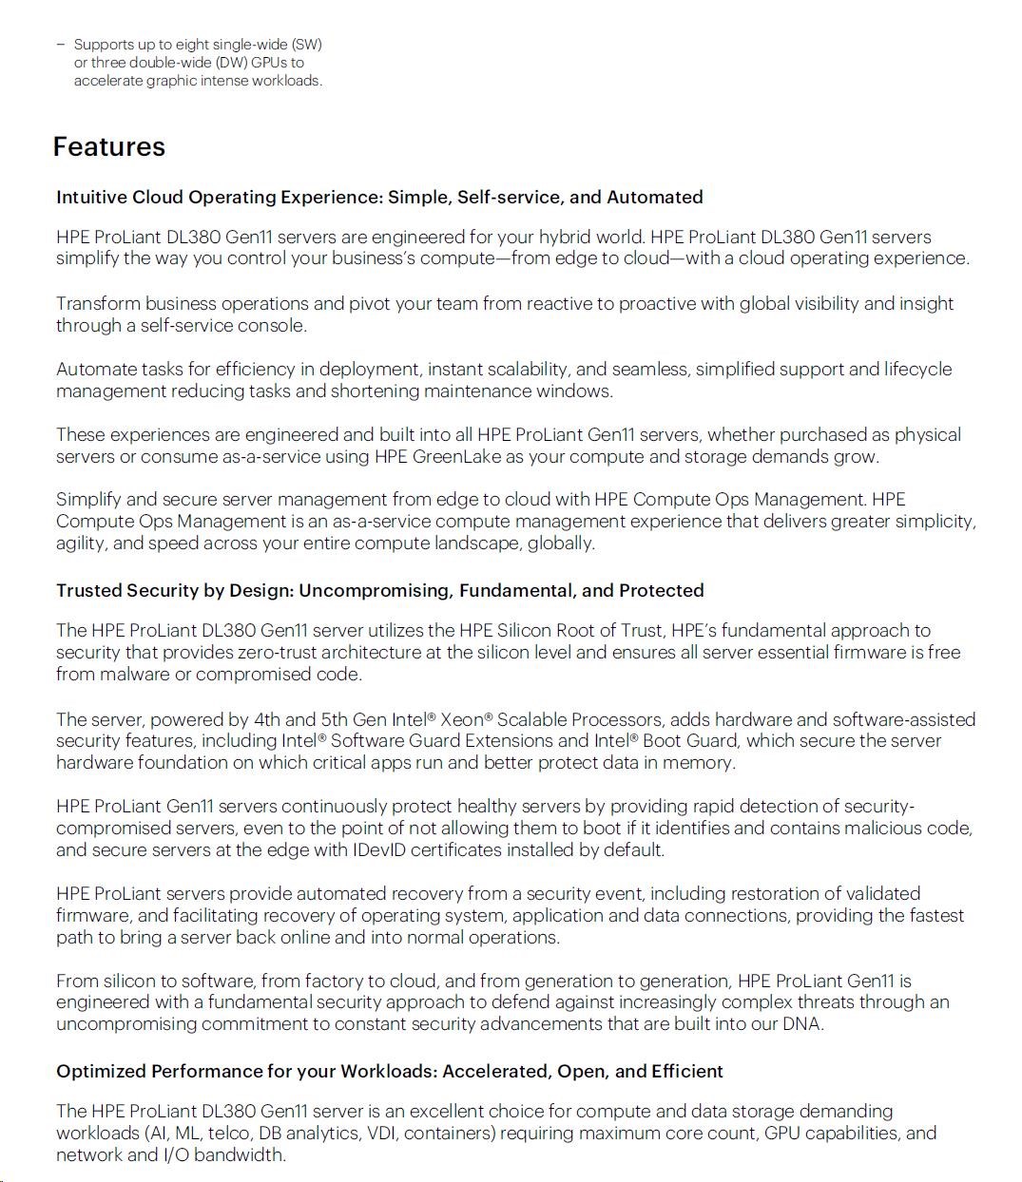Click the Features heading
coord(108,147)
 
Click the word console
coord(276,326)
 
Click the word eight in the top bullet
coord(192,45)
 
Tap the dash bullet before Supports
coord(60,45)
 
